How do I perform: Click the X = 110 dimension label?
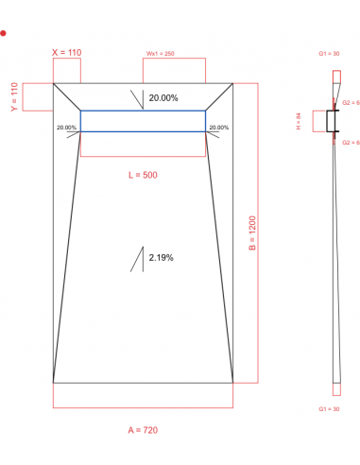tap(67, 53)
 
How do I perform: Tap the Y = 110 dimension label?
tap(14, 96)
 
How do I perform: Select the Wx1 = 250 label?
tap(160, 54)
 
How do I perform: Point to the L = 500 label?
tap(143, 176)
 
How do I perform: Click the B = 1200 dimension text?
tap(252, 233)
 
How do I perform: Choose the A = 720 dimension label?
tap(143, 430)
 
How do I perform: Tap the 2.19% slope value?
tap(161, 257)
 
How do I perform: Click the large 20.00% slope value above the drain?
tap(163, 98)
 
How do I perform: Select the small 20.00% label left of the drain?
tap(66, 128)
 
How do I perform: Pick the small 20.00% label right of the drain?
tap(218, 128)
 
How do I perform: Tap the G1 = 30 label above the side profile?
tap(329, 54)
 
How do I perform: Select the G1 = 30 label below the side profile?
tap(329, 408)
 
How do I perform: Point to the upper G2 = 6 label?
tap(349, 102)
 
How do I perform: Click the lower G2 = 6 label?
tap(349, 142)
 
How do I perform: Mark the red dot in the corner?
tap(4, 33)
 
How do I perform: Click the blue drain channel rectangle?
tap(143, 121)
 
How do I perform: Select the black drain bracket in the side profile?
tap(332, 122)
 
